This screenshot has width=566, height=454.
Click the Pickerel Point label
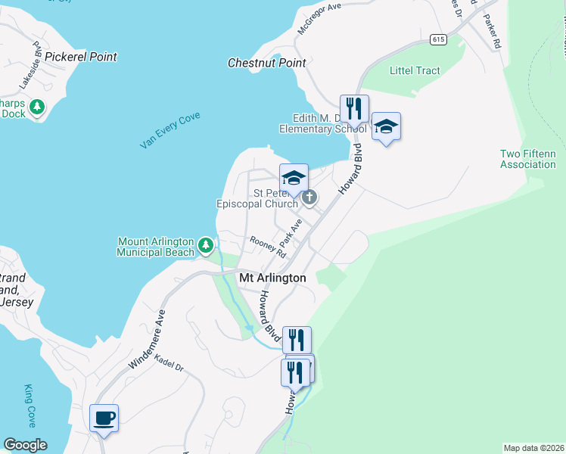point(81,57)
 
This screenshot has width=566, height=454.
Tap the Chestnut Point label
point(267,64)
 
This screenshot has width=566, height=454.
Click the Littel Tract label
point(415,71)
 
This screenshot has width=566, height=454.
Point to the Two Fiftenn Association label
point(528,159)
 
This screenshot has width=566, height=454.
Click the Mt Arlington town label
point(272,278)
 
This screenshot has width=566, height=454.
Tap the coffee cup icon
point(104,418)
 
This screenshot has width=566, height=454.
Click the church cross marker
point(309,197)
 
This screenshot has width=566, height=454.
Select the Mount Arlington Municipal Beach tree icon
point(205,245)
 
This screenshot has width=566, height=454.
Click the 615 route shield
point(438,39)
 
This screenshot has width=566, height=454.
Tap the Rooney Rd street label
point(267,247)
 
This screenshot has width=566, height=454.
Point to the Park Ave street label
point(291,232)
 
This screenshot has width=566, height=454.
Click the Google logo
point(25,445)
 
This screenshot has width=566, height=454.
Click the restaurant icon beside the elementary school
point(354,108)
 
